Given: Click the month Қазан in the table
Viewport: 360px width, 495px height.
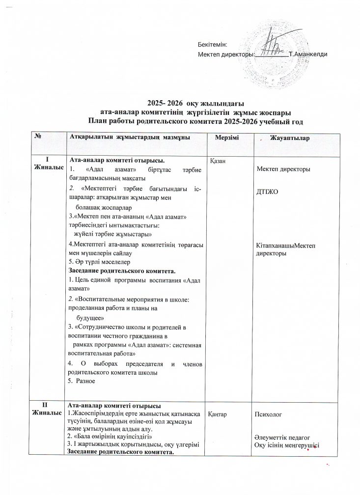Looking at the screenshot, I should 218,161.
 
